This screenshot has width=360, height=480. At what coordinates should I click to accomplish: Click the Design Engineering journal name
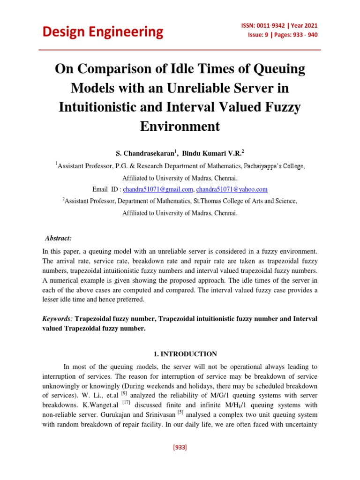pos(103,32)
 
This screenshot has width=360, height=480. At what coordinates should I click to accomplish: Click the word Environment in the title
pos(180,126)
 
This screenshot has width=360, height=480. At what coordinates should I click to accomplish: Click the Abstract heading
pos(59,238)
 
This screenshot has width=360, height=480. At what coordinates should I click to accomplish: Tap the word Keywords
pos(57,319)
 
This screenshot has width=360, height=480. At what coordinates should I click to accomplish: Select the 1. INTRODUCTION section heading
pos(180,354)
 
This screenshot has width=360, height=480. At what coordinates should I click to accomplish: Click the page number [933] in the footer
pos(180,447)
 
